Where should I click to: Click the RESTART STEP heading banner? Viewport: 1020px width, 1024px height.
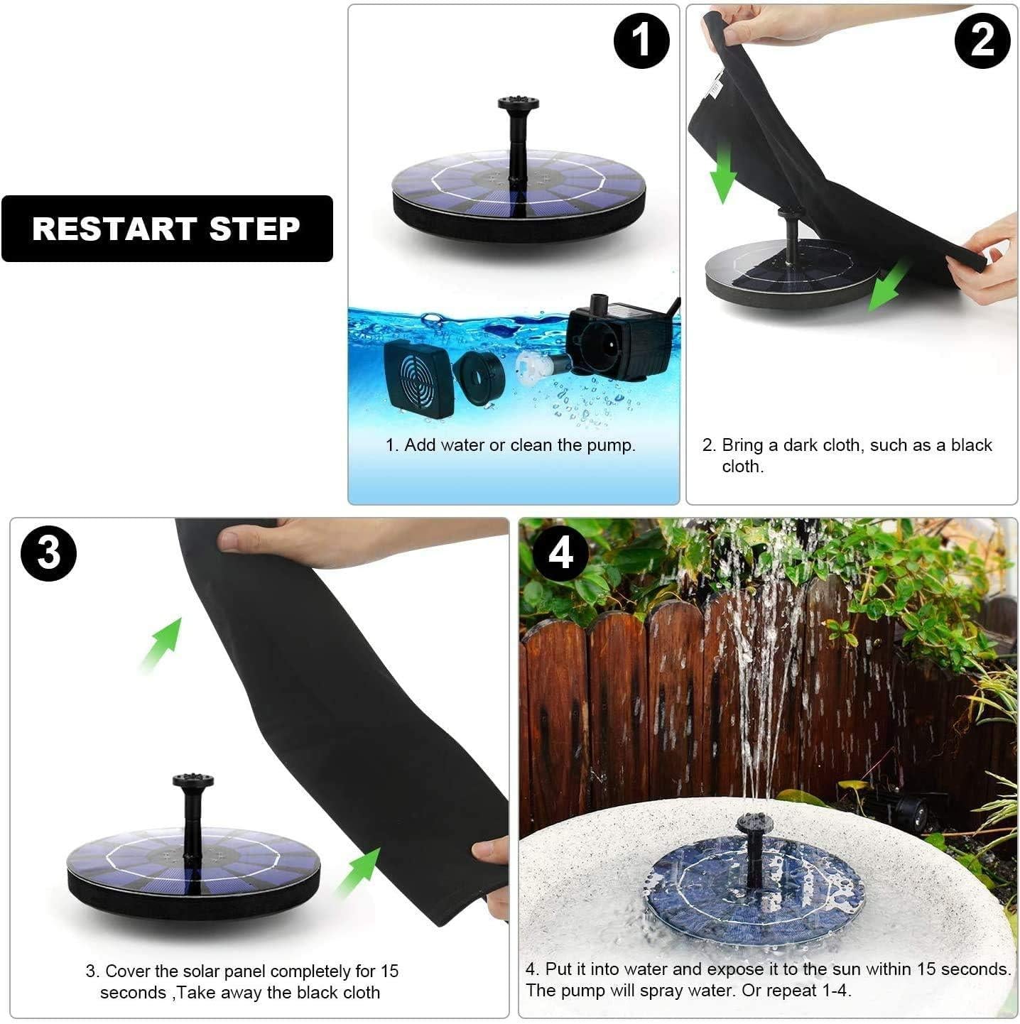point(167,229)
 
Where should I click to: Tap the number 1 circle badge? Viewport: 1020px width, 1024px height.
point(641,40)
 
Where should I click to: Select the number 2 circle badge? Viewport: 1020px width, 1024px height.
point(982,40)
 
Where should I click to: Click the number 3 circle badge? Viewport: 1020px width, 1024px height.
point(49,552)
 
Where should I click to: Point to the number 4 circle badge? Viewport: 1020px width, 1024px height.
point(560,552)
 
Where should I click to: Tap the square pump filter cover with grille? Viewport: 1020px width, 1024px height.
point(418,378)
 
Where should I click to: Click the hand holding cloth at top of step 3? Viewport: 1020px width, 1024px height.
point(355,541)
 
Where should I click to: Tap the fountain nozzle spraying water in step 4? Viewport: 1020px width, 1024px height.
point(754,824)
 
